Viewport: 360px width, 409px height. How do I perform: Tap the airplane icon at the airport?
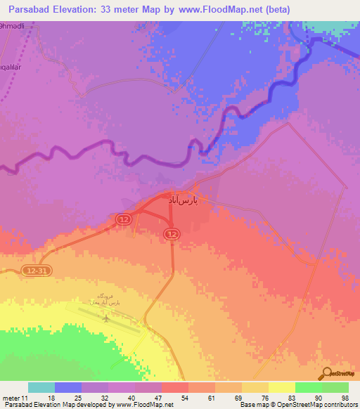point(106,318)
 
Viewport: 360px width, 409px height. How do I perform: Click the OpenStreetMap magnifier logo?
point(328,374)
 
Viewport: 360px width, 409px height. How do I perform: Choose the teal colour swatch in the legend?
point(41,387)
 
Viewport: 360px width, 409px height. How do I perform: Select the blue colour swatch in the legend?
point(68,387)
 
